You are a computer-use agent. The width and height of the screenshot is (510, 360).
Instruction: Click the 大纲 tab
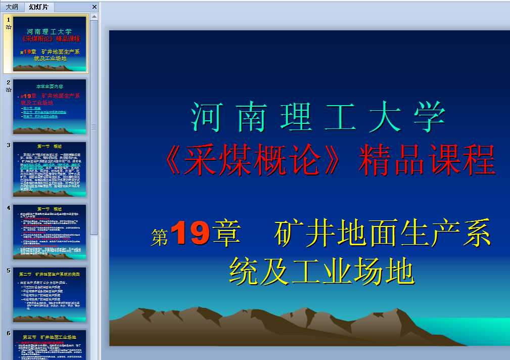[x=12, y=7]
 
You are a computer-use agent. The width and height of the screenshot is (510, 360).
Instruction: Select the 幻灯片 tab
[x=39, y=7]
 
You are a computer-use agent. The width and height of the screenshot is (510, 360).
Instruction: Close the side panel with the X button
[x=95, y=7]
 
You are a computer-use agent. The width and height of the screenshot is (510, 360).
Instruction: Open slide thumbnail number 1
[x=50, y=43]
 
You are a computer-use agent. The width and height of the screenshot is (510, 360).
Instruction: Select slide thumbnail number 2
[x=50, y=106]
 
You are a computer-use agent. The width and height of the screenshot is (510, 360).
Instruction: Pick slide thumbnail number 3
[x=50, y=169]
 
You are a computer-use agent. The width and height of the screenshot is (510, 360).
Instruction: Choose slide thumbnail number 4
[x=50, y=232]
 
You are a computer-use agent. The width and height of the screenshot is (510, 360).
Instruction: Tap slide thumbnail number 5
[x=50, y=294]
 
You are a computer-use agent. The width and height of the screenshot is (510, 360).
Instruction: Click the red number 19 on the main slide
[x=191, y=234]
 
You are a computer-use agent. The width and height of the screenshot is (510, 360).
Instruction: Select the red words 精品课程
[x=427, y=161]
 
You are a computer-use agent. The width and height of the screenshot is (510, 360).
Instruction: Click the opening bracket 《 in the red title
[x=175, y=161]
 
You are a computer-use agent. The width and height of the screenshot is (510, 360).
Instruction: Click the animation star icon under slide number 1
[x=9, y=27]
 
